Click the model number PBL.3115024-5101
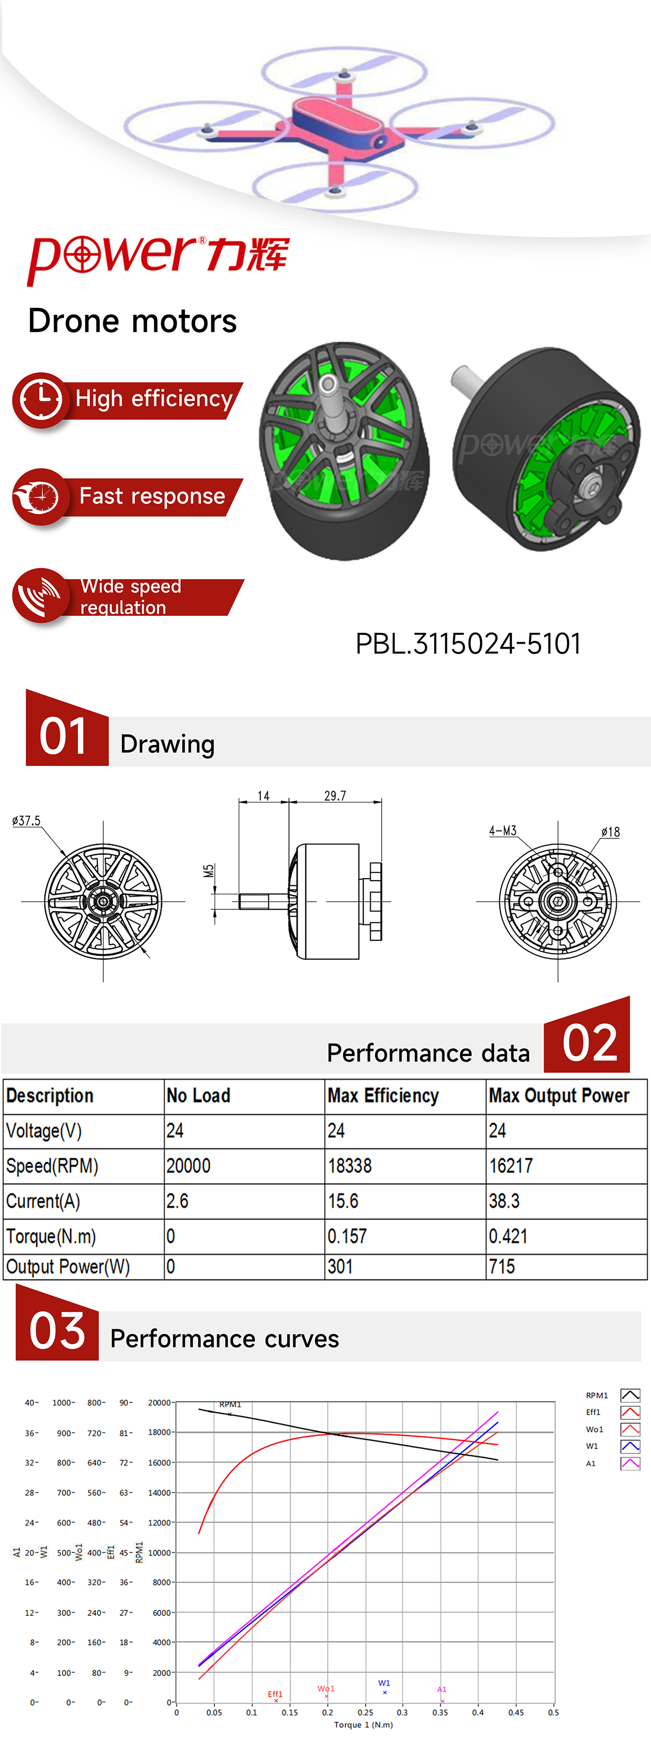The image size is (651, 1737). pos(468,643)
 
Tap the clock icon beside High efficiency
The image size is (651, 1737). pos(40,400)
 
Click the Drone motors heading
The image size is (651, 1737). pos(132,321)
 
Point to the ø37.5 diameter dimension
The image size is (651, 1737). pos(26,821)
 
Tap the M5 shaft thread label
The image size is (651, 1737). pos(209,871)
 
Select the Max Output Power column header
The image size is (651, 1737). pos(559,1096)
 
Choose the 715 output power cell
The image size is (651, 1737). pos(502,1266)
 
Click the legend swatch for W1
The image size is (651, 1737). pos(630,1446)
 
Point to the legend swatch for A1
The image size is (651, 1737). pos(630,1463)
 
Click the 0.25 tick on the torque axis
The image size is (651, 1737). pos(365,1712)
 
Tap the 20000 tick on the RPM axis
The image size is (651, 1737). pos(159,1403)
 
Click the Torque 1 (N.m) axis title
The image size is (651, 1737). pos(363,1725)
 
